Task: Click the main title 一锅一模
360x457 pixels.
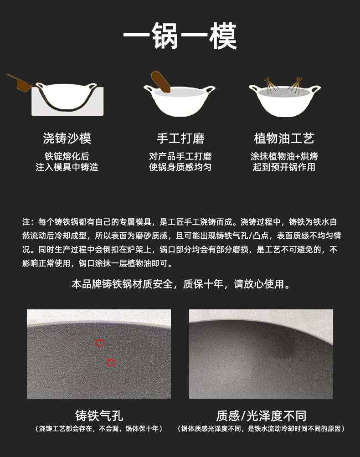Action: [x=180, y=36]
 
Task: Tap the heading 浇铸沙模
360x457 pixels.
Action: [x=67, y=138]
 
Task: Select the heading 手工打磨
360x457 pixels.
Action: [x=180, y=138]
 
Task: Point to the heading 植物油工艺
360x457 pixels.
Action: [x=284, y=138]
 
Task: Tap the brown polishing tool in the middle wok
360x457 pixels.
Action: [x=160, y=82]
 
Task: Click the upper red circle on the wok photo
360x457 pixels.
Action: [x=100, y=343]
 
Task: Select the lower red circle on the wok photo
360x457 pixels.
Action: [x=111, y=362]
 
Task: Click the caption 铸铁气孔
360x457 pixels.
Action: [x=99, y=416]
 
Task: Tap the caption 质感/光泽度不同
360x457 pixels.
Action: [x=261, y=416]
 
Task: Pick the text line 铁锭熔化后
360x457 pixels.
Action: [x=67, y=156]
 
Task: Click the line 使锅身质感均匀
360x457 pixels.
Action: [x=180, y=167]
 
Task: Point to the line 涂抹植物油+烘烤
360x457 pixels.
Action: [x=284, y=156]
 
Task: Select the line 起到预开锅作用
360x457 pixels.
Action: [x=284, y=167]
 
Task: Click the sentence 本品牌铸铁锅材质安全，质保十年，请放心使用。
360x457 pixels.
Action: [x=181, y=284]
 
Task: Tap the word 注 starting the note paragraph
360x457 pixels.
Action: [x=26, y=222]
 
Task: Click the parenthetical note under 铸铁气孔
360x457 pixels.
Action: [x=99, y=429]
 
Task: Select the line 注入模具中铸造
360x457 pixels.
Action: [x=67, y=167]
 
